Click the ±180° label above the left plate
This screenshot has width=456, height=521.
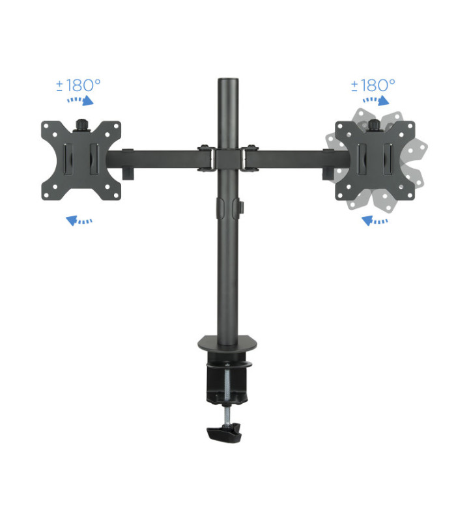[79, 85]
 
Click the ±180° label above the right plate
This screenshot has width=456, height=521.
[373, 85]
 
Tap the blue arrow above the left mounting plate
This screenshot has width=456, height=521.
[81, 100]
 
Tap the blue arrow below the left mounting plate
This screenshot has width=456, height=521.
[79, 221]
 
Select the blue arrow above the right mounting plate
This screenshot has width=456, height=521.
[375, 100]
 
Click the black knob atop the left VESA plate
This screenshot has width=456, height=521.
[83, 123]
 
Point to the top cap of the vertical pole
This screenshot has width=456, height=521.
[227, 81]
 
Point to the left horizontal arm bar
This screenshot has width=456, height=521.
[160, 158]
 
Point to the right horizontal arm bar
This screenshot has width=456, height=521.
[293, 158]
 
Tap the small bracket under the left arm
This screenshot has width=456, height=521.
[128, 172]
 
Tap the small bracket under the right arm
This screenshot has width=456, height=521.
[326, 172]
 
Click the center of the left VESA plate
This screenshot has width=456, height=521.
[81, 160]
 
